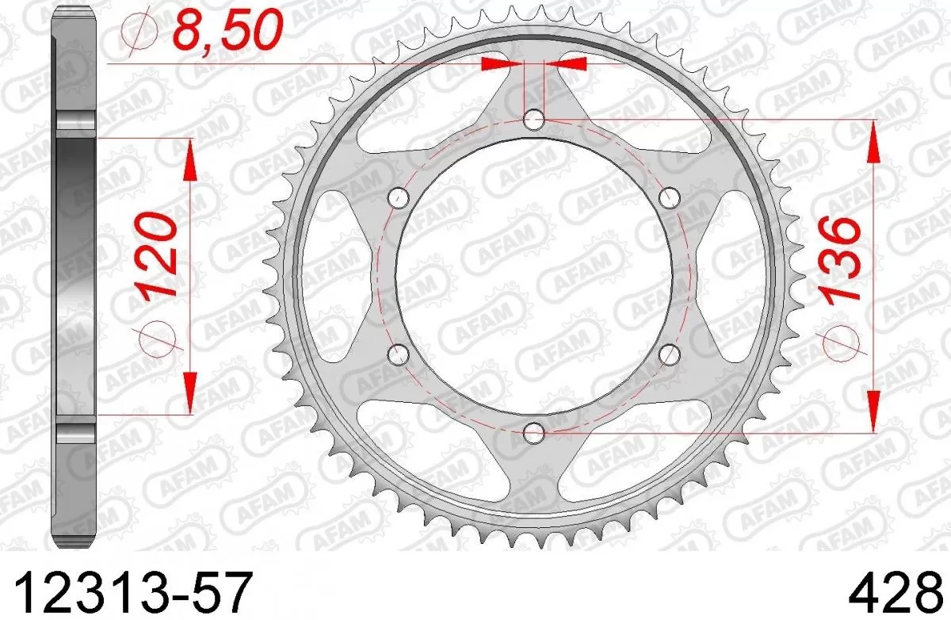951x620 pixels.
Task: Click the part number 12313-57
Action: [135, 591]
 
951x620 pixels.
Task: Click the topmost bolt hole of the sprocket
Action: [534, 120]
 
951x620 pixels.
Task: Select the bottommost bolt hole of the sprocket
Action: [534, 432]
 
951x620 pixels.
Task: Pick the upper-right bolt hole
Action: [670, 197]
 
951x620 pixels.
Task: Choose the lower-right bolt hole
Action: [670, 354]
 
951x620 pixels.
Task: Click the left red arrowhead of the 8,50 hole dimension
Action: [503, 63]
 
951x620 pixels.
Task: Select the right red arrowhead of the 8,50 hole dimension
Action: [566, 63]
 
